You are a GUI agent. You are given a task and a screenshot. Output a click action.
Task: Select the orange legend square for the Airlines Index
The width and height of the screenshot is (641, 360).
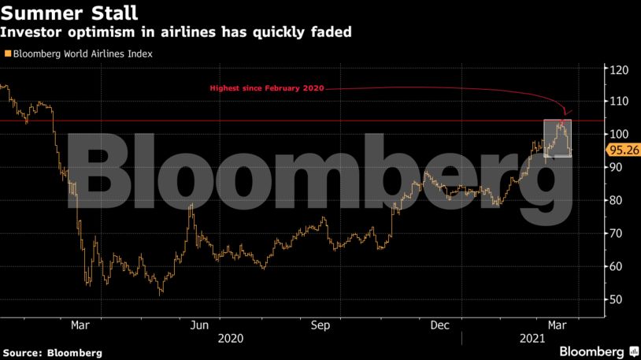8,54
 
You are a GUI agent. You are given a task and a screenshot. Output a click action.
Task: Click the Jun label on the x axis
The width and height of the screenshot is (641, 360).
200,325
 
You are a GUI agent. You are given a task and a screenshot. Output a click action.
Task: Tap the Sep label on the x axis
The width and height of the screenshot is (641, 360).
320,325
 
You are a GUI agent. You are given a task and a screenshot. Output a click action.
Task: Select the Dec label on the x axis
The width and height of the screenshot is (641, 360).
439,325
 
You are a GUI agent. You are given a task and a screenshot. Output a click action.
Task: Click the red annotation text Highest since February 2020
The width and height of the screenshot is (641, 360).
266,88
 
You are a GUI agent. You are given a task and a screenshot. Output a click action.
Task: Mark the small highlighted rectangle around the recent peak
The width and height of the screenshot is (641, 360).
558,138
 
